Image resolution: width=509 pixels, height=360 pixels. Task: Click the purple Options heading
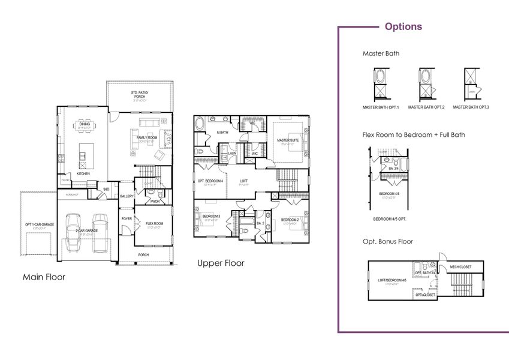pos(403,26)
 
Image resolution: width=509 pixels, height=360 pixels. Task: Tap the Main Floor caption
pos(44,277)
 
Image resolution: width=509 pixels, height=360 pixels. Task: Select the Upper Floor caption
pos(221,263)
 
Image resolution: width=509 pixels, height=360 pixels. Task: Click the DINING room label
pos(84,124)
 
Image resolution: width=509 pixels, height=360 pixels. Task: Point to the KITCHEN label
pos(83,174)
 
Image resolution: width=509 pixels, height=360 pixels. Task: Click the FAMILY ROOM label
pos(147,138)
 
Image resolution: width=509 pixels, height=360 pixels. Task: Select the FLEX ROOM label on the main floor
pos(154,223)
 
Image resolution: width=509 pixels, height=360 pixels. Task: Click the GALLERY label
pos(127,196)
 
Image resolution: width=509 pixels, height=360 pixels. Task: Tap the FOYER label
pos(127,218)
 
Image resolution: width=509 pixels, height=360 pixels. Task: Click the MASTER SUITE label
pos(288,140)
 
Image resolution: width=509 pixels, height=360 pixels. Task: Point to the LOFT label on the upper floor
pos(244,181)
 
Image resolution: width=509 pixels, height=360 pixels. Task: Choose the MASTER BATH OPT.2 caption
pos(426,107)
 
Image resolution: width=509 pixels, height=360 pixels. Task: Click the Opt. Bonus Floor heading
pos(387,241)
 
